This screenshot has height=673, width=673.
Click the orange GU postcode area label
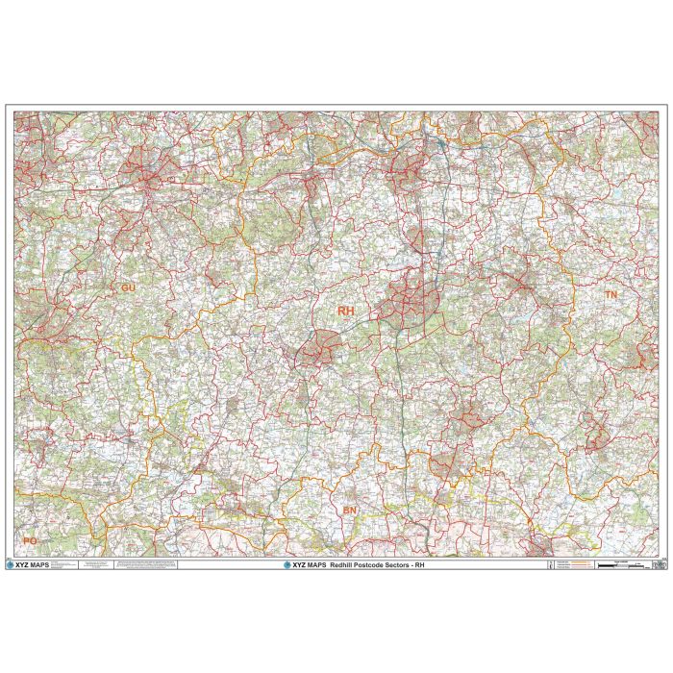coord(129,287)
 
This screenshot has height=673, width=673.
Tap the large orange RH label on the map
coord(345,311)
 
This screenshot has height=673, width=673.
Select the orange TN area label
coord(611,292)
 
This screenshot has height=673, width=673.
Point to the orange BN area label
coord(349,511)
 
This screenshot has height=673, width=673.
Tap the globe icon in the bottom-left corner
coord(12,565)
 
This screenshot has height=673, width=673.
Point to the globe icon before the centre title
coord(287,565)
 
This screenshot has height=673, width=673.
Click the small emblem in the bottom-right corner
coord(659,565)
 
